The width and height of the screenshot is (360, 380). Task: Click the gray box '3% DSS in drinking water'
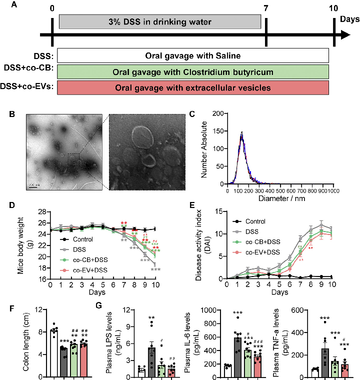[x=160, y=22]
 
